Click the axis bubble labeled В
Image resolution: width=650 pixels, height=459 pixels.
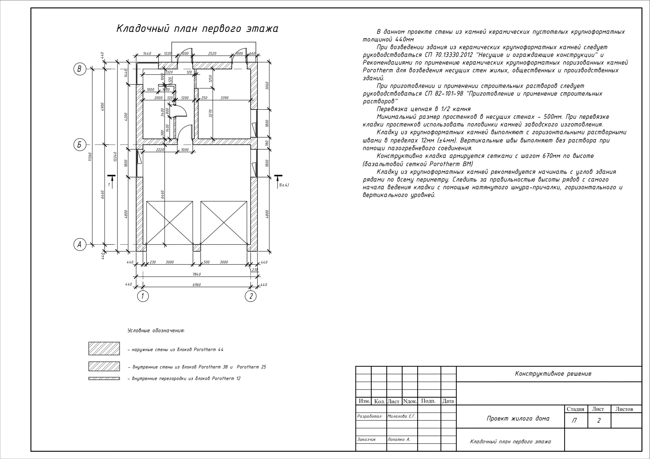pos(79,69)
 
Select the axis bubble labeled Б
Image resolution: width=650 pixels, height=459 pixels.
pos(79,145)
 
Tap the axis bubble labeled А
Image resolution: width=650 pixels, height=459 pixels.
pos(79,244)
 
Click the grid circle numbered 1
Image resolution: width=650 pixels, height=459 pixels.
pos(143,296)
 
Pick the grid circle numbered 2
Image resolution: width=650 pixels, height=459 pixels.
pos(251,296)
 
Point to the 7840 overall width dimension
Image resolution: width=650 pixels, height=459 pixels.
pos(197,274)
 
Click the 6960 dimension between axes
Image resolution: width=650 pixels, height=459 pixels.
pos(197,285)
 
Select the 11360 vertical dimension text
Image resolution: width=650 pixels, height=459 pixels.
pos(90,157)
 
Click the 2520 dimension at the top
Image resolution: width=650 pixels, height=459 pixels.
pos(212,54)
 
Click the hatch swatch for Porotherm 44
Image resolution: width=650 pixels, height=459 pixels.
pos(104,348)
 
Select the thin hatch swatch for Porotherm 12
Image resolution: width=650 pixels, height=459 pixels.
pos(104,378)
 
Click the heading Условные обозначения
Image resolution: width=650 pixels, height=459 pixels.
pos(156,330)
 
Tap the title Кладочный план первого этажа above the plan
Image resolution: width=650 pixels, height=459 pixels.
pos(197,29)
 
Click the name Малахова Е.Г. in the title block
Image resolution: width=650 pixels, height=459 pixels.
pos(401,416)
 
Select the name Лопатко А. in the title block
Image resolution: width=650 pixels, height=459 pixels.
pos(399,439)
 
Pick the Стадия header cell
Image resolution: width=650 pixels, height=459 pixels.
pos(575,409)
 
